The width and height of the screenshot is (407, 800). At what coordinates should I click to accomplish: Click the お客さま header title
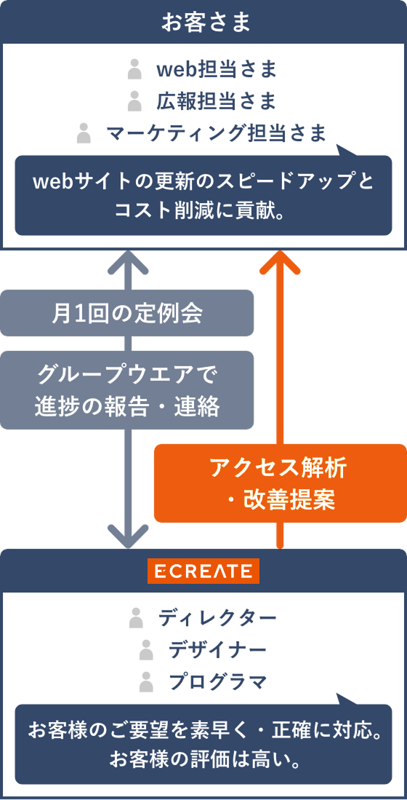click(x=203, y=21)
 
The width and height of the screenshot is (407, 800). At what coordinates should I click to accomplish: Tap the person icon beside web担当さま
click(x=134, y=69)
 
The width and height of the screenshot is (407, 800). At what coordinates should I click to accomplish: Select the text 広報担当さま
click(x=217, y=101)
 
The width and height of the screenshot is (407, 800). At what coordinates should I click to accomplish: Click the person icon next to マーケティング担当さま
click(x=84, y=132)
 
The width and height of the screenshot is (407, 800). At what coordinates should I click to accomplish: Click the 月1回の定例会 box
click(x=127, y=313)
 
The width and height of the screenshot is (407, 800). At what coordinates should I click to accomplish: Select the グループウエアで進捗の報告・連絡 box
click(x=127, y=390)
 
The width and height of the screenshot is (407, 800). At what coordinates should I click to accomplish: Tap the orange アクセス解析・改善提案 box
click(x=280, y=483)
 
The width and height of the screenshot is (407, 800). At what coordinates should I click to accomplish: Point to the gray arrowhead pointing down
click(x=127, y=536)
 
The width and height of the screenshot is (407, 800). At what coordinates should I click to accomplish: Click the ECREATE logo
click(x=203, y=571)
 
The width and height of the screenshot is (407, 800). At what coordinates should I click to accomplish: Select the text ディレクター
click(x=217, y=618)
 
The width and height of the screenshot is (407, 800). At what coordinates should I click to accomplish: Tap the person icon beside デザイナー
click(x=146, y=650)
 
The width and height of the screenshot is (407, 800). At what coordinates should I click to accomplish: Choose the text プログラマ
click(x=218, y=681)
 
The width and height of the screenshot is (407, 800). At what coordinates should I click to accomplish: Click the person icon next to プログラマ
click(x=147, y=681)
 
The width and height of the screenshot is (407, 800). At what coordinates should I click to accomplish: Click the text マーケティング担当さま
click(x=216, y=132)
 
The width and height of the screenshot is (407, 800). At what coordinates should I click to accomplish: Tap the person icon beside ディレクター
click(x=135, y=618)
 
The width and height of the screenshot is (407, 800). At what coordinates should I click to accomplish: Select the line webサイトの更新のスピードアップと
click(x=203, y=182)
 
